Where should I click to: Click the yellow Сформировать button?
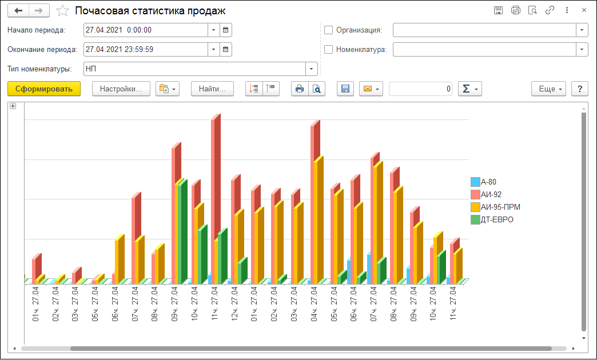[x=44, y=89]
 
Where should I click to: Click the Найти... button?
[x=213, y=89]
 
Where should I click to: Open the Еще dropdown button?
[x=548, y=89]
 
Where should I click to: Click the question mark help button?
[x=580, y=89]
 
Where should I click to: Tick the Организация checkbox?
[x=328, y=30]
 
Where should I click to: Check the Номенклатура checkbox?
[x=328, y=49]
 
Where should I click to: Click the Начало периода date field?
[x=145, y=30]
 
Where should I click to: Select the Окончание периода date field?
[x=145, y=49]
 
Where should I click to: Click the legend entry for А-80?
[x=488, y=182]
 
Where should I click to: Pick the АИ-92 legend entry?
[x=491, y=195]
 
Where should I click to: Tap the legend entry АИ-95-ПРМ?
[x=500, y=207]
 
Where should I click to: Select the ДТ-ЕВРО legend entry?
[x=496, y=219]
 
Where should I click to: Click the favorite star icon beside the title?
[x=63, y=11]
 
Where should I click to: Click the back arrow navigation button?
[x=18, y=11]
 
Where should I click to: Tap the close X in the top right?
[x=584, y=10]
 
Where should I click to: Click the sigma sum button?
[x=470, y=89]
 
